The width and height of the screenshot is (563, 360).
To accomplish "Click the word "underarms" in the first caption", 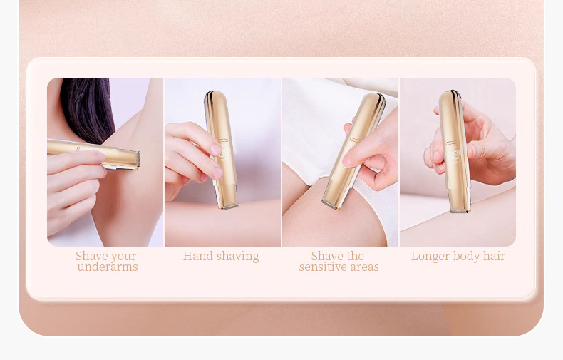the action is coord(108,267).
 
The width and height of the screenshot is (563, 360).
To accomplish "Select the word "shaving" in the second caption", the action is coord(238,257).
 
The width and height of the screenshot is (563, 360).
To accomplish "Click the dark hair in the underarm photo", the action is coord(87,108).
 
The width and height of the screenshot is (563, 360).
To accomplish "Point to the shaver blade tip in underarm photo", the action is coord(138,160).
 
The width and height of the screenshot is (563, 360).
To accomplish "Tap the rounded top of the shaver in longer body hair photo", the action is coord(449,96).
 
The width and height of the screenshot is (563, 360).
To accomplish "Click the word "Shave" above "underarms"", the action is coord(91,256).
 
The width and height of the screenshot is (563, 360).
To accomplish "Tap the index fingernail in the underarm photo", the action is coord(100,157).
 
